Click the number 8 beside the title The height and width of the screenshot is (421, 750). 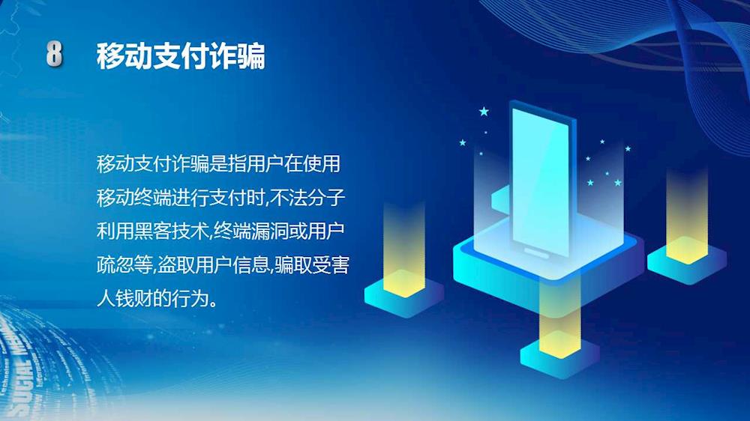54,53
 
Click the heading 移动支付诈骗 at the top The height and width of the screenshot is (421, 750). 180,56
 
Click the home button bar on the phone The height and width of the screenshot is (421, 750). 536,252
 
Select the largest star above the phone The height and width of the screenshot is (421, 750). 484,112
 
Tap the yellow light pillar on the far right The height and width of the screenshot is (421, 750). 687,216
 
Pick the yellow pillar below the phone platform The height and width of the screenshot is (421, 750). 559,319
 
